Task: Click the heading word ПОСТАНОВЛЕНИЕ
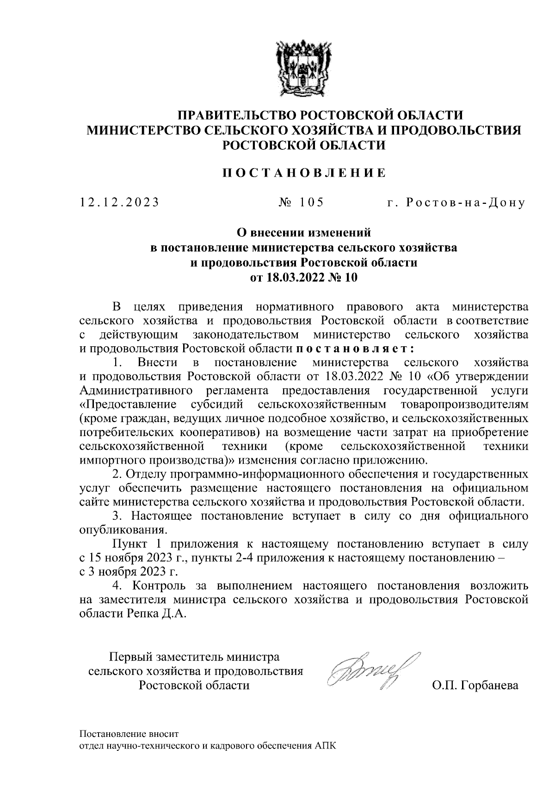(x=304, y=173)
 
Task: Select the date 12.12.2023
(x=119, y=202)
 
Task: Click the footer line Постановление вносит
(x=129, y=734)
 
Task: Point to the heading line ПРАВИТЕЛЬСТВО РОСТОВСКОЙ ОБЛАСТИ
(x=304, y=115)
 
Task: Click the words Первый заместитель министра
(x=194, y=656)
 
